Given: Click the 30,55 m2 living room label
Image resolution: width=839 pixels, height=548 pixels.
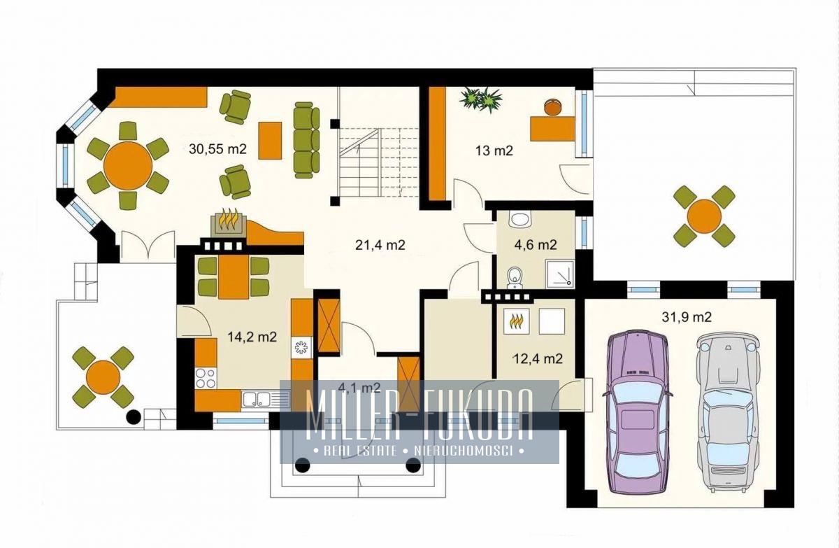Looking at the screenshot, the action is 217,149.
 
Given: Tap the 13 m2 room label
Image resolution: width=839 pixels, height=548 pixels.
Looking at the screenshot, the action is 494,150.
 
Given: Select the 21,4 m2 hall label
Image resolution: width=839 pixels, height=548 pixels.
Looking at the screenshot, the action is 380,245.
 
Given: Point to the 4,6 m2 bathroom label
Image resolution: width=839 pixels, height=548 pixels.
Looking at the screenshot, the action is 536,245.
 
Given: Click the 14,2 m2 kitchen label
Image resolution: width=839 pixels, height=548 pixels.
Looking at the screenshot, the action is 252,337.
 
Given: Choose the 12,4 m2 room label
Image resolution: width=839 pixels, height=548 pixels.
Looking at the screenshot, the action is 538,359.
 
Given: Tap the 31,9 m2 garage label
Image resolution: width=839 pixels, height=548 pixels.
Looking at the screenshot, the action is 687,317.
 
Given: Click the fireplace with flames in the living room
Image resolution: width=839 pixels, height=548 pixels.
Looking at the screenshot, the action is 228,223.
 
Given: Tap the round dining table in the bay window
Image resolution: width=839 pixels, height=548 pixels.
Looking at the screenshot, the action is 128,165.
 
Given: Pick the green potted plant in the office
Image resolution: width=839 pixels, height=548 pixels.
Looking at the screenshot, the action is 480,99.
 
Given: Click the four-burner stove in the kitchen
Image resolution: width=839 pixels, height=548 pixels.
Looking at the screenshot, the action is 206,378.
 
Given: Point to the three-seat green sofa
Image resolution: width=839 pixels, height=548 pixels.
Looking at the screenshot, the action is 306,140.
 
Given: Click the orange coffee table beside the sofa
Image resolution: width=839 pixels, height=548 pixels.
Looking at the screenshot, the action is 270,141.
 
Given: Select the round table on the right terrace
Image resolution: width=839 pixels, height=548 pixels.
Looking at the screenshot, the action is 705,216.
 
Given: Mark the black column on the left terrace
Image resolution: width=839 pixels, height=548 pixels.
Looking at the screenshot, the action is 133,416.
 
